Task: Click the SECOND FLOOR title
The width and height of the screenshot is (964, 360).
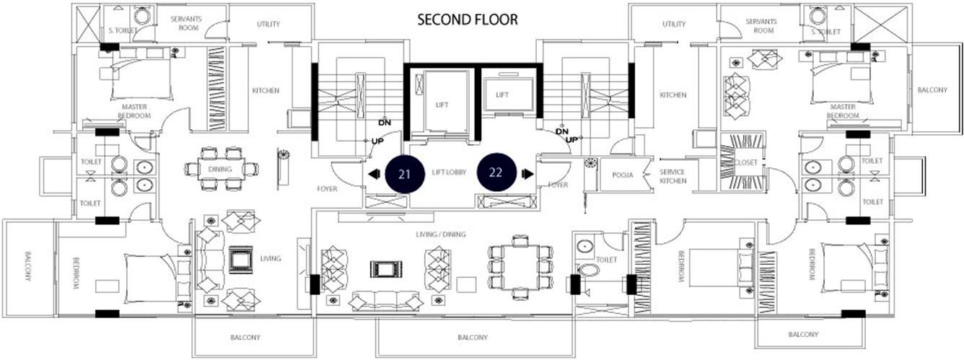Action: tap(468, 19)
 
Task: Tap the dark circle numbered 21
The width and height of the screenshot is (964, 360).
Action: tap(403, 174)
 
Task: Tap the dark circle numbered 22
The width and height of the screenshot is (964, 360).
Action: tap(496, 172)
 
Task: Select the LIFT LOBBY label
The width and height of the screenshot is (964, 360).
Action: tap(449, 172)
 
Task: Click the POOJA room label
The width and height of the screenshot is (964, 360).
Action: tap(623, 175)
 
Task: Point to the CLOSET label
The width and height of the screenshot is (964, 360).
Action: tap(746, 162)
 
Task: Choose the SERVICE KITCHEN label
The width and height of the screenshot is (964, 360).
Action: tap(672, 176)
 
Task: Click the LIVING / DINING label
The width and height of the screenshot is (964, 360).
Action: tap(441, 234)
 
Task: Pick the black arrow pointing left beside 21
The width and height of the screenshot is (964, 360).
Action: tap(374, 174)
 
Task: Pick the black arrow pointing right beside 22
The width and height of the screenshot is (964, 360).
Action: tap(527, 174)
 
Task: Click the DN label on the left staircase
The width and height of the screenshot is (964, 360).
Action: tap(385, 123)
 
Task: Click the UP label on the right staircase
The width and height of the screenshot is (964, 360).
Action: tap(571, 140)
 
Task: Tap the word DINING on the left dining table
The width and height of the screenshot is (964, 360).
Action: tap(220, 169)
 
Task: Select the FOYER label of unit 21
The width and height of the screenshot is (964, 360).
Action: tap(327, 189)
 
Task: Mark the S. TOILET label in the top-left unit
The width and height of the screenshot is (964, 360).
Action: tap(123, 30)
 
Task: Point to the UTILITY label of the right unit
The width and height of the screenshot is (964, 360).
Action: tap(674, 24)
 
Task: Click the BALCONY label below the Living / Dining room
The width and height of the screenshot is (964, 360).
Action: tap(473, 338)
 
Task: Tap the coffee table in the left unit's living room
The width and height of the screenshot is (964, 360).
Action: tap(240, 260)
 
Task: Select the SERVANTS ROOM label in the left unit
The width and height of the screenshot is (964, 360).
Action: tap(186, 23)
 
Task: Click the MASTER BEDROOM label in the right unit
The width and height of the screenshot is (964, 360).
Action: tap(843, 111)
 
